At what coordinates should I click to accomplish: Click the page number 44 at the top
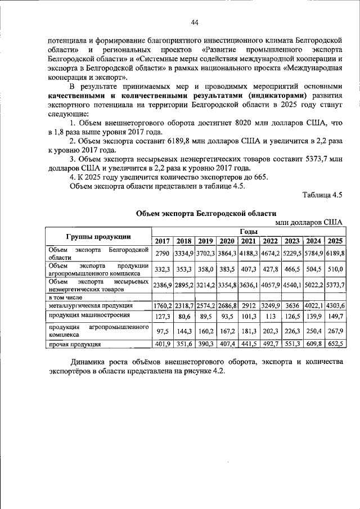pyautogui.click(x=195, y=22)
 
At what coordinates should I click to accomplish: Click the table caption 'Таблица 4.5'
pyautogui.click(x=322, y=195)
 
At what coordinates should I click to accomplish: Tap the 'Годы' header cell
pyautogui.click(x=249, y=231)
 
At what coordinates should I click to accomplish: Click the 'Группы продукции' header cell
pyautogui.click(x=98, y=236)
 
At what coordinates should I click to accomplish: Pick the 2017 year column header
pyautogui.click(x=163, y=241)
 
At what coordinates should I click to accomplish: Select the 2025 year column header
pyautogui.click(x=335, y=241)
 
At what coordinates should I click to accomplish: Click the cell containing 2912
pyautogui.click(x=249, y=305)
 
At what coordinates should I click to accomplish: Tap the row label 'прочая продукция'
pyautogui.click(x=75, y=344)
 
